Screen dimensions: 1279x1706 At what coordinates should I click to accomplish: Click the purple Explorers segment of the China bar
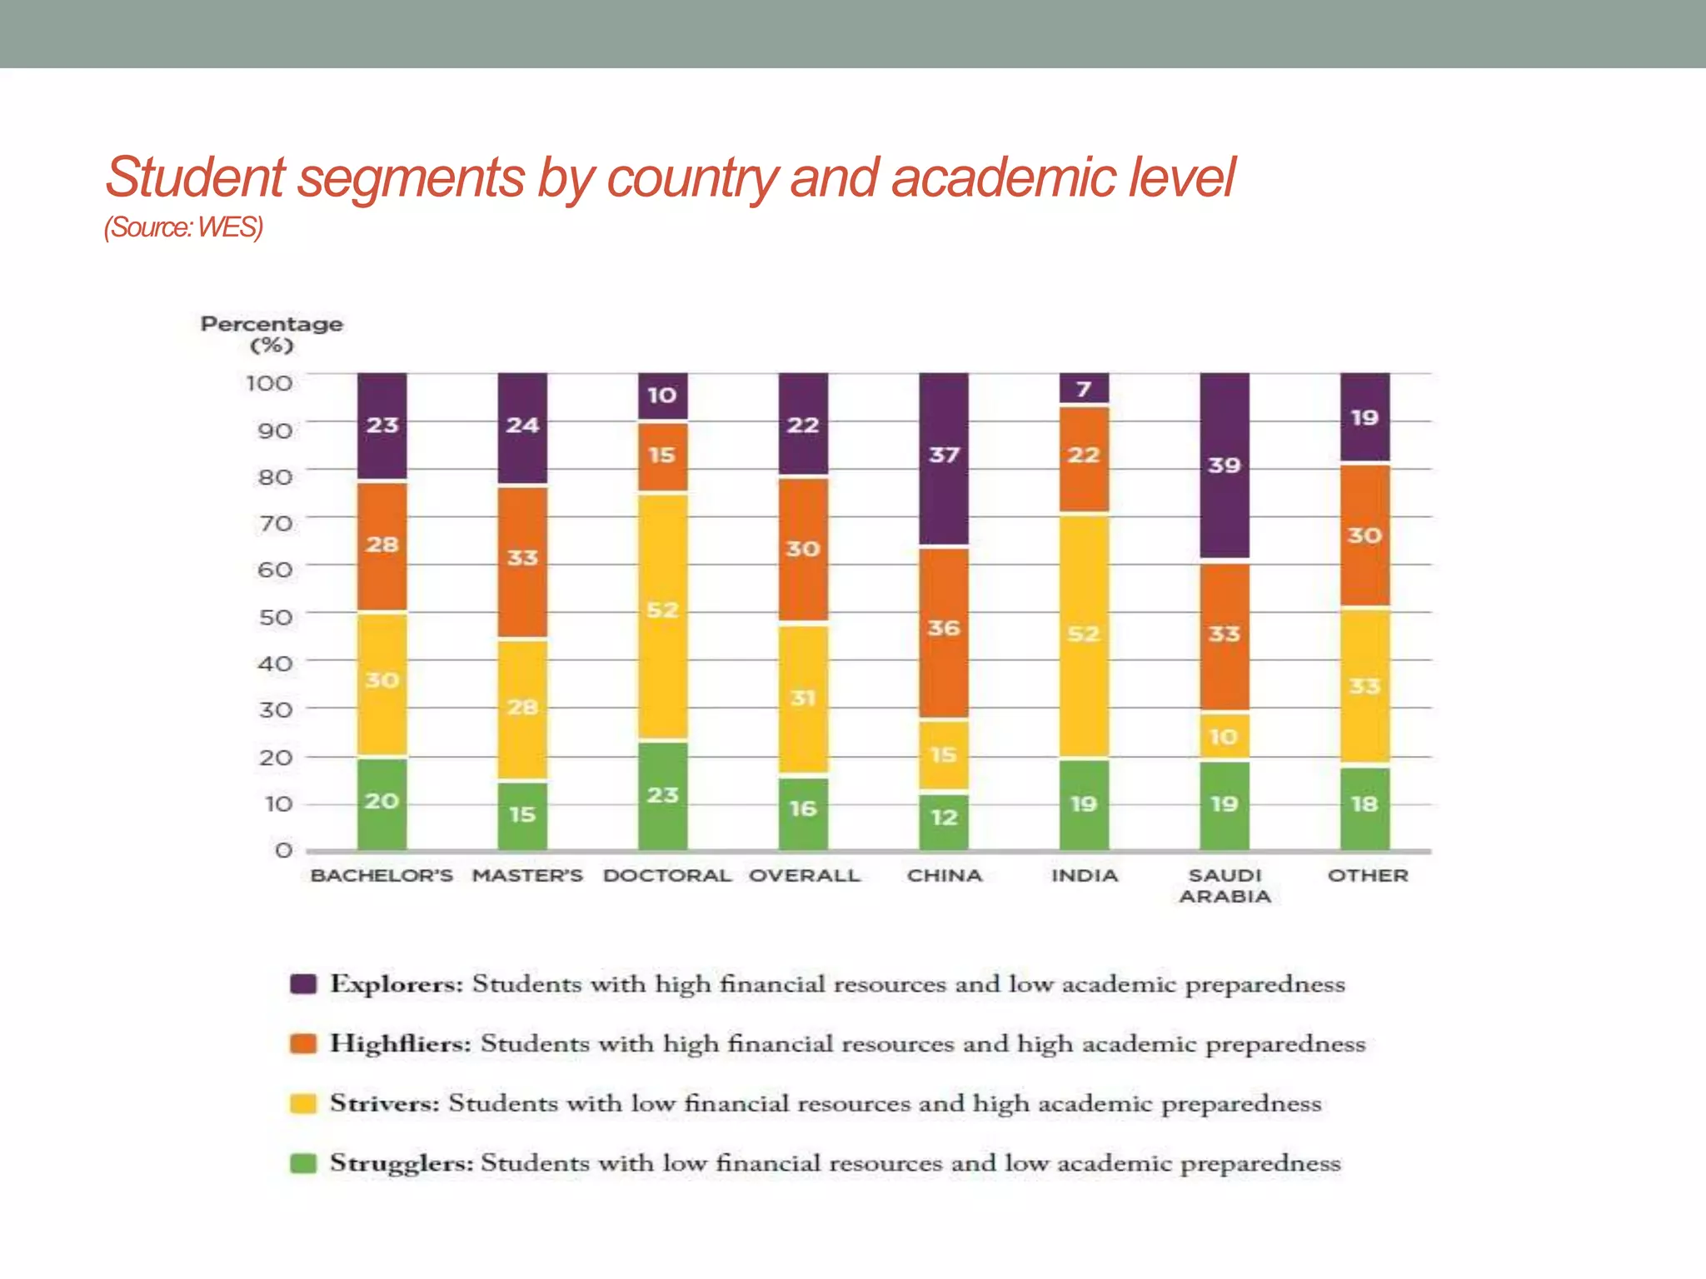coord(943,459)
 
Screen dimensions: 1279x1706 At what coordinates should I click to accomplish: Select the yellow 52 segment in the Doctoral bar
coord(662,616)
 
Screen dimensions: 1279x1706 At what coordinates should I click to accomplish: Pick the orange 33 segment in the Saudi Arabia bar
coord(1224,637)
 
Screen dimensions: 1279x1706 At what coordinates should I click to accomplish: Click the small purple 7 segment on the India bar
coord(1083,388)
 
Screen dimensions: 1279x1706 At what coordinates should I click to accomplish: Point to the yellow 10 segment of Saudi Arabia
coord(1224,736)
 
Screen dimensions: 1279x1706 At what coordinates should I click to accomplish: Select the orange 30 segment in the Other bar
coord(1364,535)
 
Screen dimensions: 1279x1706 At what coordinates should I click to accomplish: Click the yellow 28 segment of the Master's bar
coord(522,709)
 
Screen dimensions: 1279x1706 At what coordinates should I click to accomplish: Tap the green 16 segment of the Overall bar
coord(802,812)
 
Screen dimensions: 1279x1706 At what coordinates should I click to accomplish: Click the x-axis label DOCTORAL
coord(666,876)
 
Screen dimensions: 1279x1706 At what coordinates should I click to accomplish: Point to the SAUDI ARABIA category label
coord(1225,886)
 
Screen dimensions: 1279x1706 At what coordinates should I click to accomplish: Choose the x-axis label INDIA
coord(1084,876)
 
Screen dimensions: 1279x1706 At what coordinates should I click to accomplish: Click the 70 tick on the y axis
coord(276,524)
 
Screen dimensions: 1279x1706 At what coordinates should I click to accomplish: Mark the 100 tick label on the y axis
coord(269,383)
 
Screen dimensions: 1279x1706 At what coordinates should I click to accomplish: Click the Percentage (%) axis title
coord(272,334)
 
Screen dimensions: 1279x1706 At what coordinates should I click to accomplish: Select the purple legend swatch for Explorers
coord(303,983)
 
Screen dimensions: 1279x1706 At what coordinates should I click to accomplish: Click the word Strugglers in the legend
coord(401,1162)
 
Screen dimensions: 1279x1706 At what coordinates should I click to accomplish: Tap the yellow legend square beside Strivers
coord(303,1103)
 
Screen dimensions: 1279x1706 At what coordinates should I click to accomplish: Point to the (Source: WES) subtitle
coord(183,227)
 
